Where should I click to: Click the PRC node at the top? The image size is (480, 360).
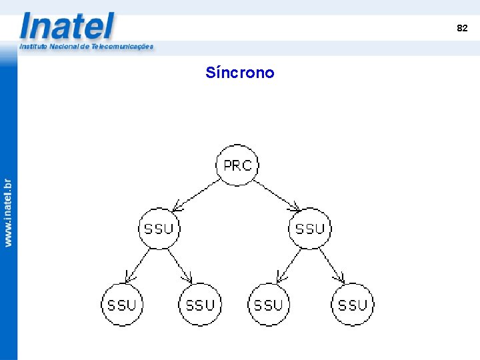[237, 165]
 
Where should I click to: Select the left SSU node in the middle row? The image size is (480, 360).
[159, 229]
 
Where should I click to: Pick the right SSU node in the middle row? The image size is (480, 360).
[310, 229]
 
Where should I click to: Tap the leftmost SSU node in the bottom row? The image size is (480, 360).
[121, 305]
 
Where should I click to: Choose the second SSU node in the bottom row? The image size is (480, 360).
[200, 305]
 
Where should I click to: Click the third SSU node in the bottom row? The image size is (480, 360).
[269, 305]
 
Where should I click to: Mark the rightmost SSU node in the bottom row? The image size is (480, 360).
[353, 305]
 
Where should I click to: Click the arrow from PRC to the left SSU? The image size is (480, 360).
[196, 194]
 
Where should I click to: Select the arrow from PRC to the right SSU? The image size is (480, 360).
[276, 193]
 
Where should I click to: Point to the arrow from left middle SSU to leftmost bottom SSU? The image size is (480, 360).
[137, 265]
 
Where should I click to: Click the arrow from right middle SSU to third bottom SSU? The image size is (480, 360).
[289, 265]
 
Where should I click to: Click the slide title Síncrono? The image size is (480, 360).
[240, 72]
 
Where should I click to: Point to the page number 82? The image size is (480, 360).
[462, 28]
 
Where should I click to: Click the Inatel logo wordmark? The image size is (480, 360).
[67, 27]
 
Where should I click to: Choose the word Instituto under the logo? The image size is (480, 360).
[33, 47]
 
